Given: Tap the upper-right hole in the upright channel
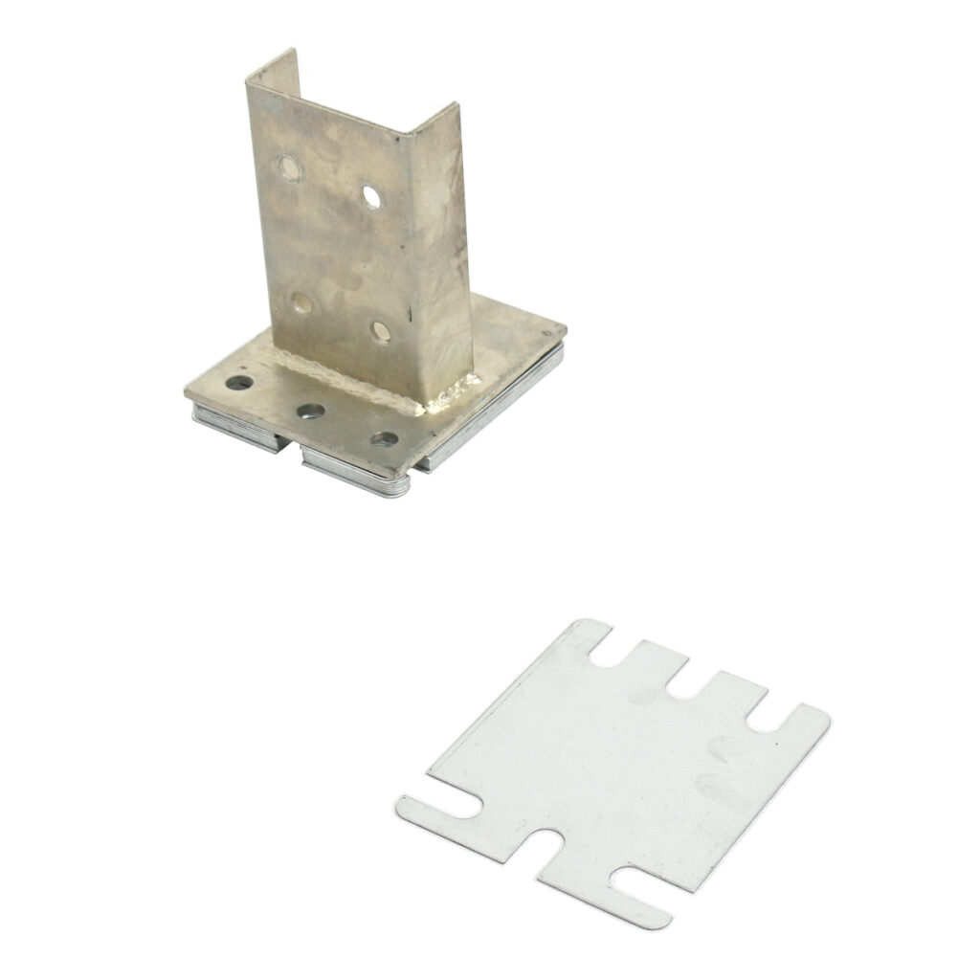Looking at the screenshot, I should tap(372, 196).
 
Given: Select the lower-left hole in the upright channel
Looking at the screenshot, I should tap(301, 305).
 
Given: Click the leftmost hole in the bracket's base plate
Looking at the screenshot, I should tap(240, 384).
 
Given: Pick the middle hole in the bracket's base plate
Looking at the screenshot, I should tap(310, 412).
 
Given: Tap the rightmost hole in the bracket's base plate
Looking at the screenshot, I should tap(385, 440).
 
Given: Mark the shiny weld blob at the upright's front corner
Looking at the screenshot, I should tap(457, 390).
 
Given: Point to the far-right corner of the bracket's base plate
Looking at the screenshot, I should tap(562, 331).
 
